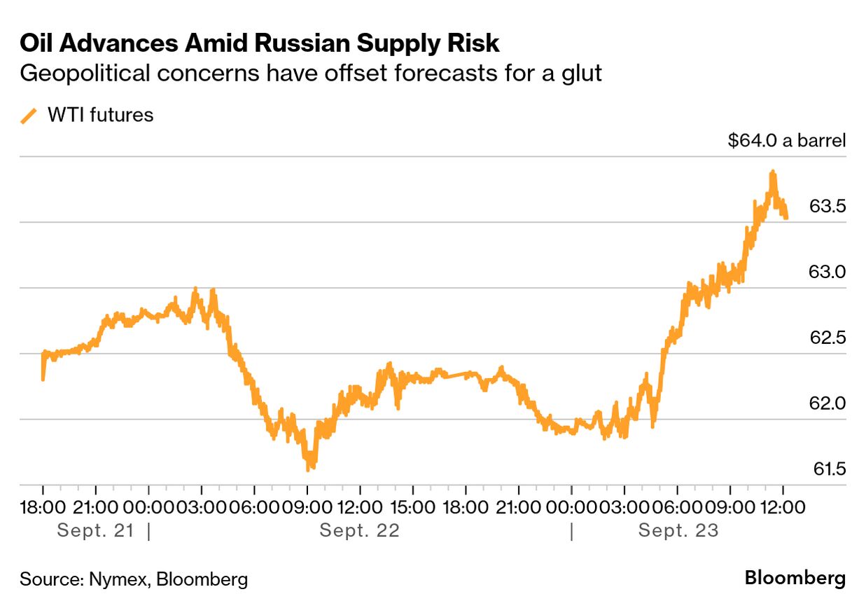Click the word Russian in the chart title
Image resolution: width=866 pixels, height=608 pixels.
point(295,43)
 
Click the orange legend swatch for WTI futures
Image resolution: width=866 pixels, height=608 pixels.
point(29,116)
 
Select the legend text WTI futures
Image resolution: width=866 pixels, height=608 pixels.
point(100,115)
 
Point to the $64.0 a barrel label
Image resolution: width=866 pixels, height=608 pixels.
point(787,140)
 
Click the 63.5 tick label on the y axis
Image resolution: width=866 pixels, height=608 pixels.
point(827,207)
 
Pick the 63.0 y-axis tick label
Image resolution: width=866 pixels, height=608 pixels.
point(827,272)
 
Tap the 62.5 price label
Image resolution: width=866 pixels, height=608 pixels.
point(827,338)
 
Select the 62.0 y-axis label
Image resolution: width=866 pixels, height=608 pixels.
point(827,403)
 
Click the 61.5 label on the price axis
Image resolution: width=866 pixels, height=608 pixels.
point(827,469)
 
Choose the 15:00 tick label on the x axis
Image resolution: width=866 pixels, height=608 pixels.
point(412,506)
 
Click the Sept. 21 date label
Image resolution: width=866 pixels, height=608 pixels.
point(95,530)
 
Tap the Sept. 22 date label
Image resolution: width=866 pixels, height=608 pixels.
point(359,530)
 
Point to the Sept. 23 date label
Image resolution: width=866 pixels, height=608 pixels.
point(678,530)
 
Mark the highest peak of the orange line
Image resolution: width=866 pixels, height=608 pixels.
point(773,171)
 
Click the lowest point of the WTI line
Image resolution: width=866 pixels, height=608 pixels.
point(308,469)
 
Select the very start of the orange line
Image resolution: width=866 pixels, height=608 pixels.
point(43,380)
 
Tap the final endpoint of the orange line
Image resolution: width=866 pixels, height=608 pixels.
point(786,218)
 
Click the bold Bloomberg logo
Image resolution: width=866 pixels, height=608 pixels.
point(795,579)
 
